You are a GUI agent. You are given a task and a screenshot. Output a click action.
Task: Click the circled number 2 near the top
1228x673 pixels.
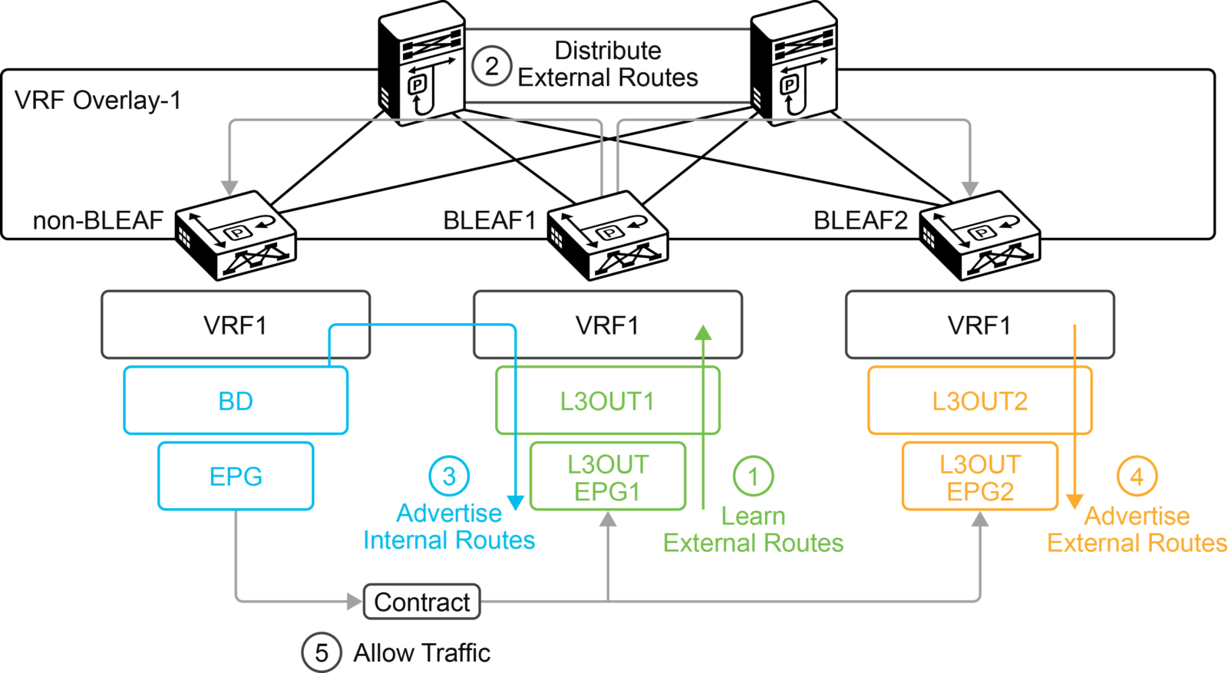coord(491,66)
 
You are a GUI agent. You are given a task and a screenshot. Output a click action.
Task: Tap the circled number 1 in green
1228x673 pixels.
coord(753,476)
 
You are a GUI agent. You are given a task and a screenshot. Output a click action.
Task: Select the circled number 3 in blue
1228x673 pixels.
coord(449,476)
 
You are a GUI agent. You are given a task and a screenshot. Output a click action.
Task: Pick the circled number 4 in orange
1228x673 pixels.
coord(1137,476)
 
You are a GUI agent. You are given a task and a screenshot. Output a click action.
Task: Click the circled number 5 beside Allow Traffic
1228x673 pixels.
coord(321,653)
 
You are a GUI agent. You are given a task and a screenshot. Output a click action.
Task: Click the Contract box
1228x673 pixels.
coord(421,602)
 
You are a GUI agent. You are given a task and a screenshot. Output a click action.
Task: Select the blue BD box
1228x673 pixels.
coord(236,401)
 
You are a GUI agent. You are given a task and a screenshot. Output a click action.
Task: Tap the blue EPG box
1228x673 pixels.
coord(236,476)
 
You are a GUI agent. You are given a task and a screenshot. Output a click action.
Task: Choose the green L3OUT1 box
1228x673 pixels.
coord(607,401)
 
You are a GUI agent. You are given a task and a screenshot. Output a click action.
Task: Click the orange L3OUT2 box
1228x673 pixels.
coord(979,401)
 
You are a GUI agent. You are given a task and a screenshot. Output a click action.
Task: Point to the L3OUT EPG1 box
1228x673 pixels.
coord(607,477)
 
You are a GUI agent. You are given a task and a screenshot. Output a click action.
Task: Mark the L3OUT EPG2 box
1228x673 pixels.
coord(979,477)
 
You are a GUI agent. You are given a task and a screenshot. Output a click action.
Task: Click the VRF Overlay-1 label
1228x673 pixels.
coord(97,101)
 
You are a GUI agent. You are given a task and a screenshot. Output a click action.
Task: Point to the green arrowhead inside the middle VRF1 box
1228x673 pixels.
coord(703,332)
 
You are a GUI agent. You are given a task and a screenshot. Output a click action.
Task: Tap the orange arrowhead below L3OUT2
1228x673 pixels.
coord(1074,502)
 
